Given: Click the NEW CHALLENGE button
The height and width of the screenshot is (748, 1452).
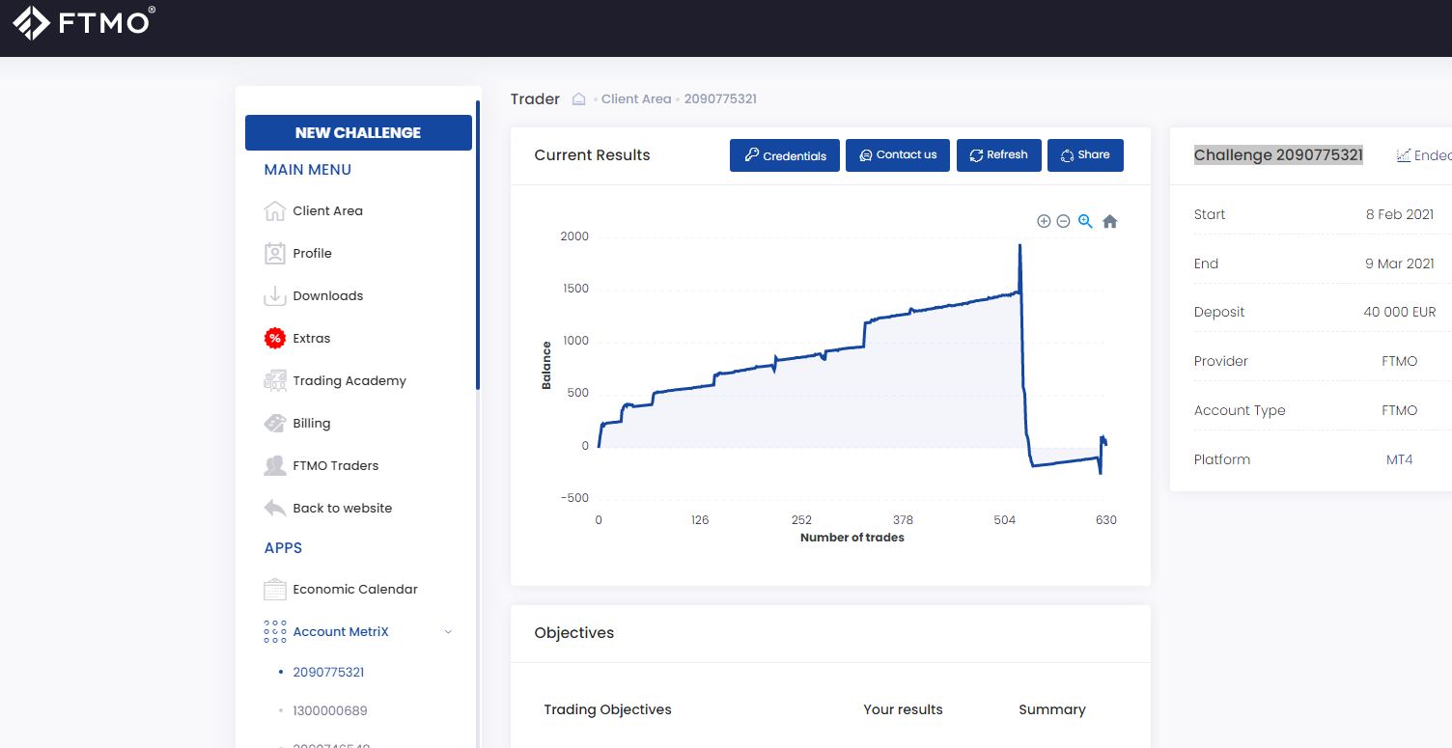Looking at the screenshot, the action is (x=358, y=133).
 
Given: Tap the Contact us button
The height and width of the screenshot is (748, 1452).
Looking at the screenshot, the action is (x=897, y=155).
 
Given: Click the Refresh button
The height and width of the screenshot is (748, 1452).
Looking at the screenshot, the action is (x=999, y=155).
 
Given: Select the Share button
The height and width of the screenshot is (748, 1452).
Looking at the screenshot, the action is (x=1085, y=155).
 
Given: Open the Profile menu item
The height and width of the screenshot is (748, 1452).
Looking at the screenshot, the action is (x=312, y=254).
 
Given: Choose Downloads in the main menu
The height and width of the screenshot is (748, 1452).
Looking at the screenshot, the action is (x=327, y=295).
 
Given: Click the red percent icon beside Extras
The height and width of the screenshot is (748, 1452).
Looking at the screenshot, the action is (x=275, y=338).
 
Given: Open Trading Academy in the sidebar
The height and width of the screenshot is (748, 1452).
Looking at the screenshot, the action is (x=349, y=380).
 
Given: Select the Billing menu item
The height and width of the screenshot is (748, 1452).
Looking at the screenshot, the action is (x=311, y=424).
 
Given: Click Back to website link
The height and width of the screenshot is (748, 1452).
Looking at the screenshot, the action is (x=342, y=509).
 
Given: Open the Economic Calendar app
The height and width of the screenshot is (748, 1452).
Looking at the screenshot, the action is (x=354, y=589).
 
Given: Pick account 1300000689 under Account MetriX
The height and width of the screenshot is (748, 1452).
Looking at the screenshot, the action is (x=329, y=710).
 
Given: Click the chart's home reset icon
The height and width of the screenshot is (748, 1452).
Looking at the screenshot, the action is (x=1109, y=222).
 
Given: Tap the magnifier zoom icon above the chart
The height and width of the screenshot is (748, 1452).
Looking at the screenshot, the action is (x=1085, y=221).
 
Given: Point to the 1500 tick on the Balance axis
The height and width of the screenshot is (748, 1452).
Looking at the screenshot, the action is (x=575, y=289).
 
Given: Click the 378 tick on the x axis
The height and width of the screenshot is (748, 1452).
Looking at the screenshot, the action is (x=903, y=520).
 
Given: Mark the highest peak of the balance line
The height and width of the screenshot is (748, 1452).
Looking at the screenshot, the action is (x=1019, y=245).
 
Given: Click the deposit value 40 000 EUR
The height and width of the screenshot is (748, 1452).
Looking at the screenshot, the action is (x=1400, y=312).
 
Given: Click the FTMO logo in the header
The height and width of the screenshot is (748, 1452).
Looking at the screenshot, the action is (x=84, y=23).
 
